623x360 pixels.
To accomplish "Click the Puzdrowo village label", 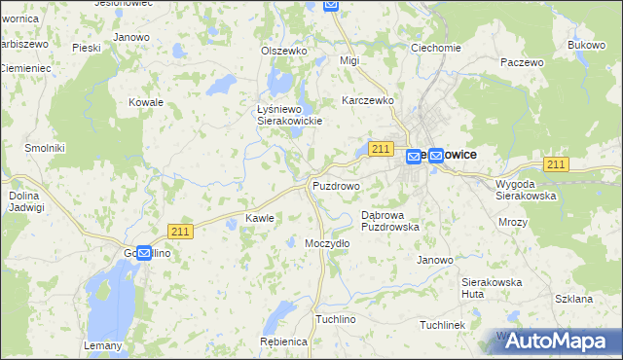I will tap(336, 185).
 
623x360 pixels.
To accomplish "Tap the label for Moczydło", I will tap(327, 243).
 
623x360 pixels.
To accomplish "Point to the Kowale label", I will tap(145, 101).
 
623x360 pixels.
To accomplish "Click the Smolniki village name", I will tap(45, 148).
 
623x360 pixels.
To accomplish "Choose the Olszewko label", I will tap(284, 51).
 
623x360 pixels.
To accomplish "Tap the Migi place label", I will tap(349, 60).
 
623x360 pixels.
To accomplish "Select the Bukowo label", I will tap(586, 46).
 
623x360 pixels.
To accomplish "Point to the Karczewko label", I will tap(367, 100).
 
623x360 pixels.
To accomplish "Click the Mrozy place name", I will tap(512, 222).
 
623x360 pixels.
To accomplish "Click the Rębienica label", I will tap(284, 342).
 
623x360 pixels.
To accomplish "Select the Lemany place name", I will tap(104, 345).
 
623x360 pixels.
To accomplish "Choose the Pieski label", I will tap(87, 47).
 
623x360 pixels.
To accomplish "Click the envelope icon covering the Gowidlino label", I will tap(144, 253).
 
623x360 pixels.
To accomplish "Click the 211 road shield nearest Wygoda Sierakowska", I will tap(556, 164).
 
